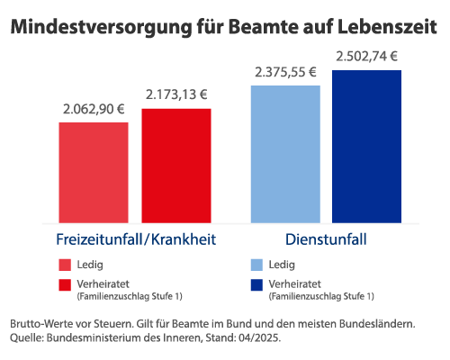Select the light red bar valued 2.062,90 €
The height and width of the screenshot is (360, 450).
(x=94, y=172)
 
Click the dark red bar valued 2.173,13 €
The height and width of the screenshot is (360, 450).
(x=176, y=166)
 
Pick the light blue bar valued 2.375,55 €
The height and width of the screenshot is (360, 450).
(x=285, y=154)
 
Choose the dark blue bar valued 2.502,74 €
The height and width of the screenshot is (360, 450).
(x=366, y=146)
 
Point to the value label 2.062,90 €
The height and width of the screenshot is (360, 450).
(x=94, y=110)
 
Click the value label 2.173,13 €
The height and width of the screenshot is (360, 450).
(x=176, y=95)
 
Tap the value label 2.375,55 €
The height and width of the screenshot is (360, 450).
(x=285, y=73)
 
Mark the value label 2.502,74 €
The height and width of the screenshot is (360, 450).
(x=366, y=56)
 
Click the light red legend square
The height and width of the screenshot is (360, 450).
(x=65, y=265)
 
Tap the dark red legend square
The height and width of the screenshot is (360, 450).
(x=65, y=285)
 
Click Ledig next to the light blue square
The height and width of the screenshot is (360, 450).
(x=282, y=265)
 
